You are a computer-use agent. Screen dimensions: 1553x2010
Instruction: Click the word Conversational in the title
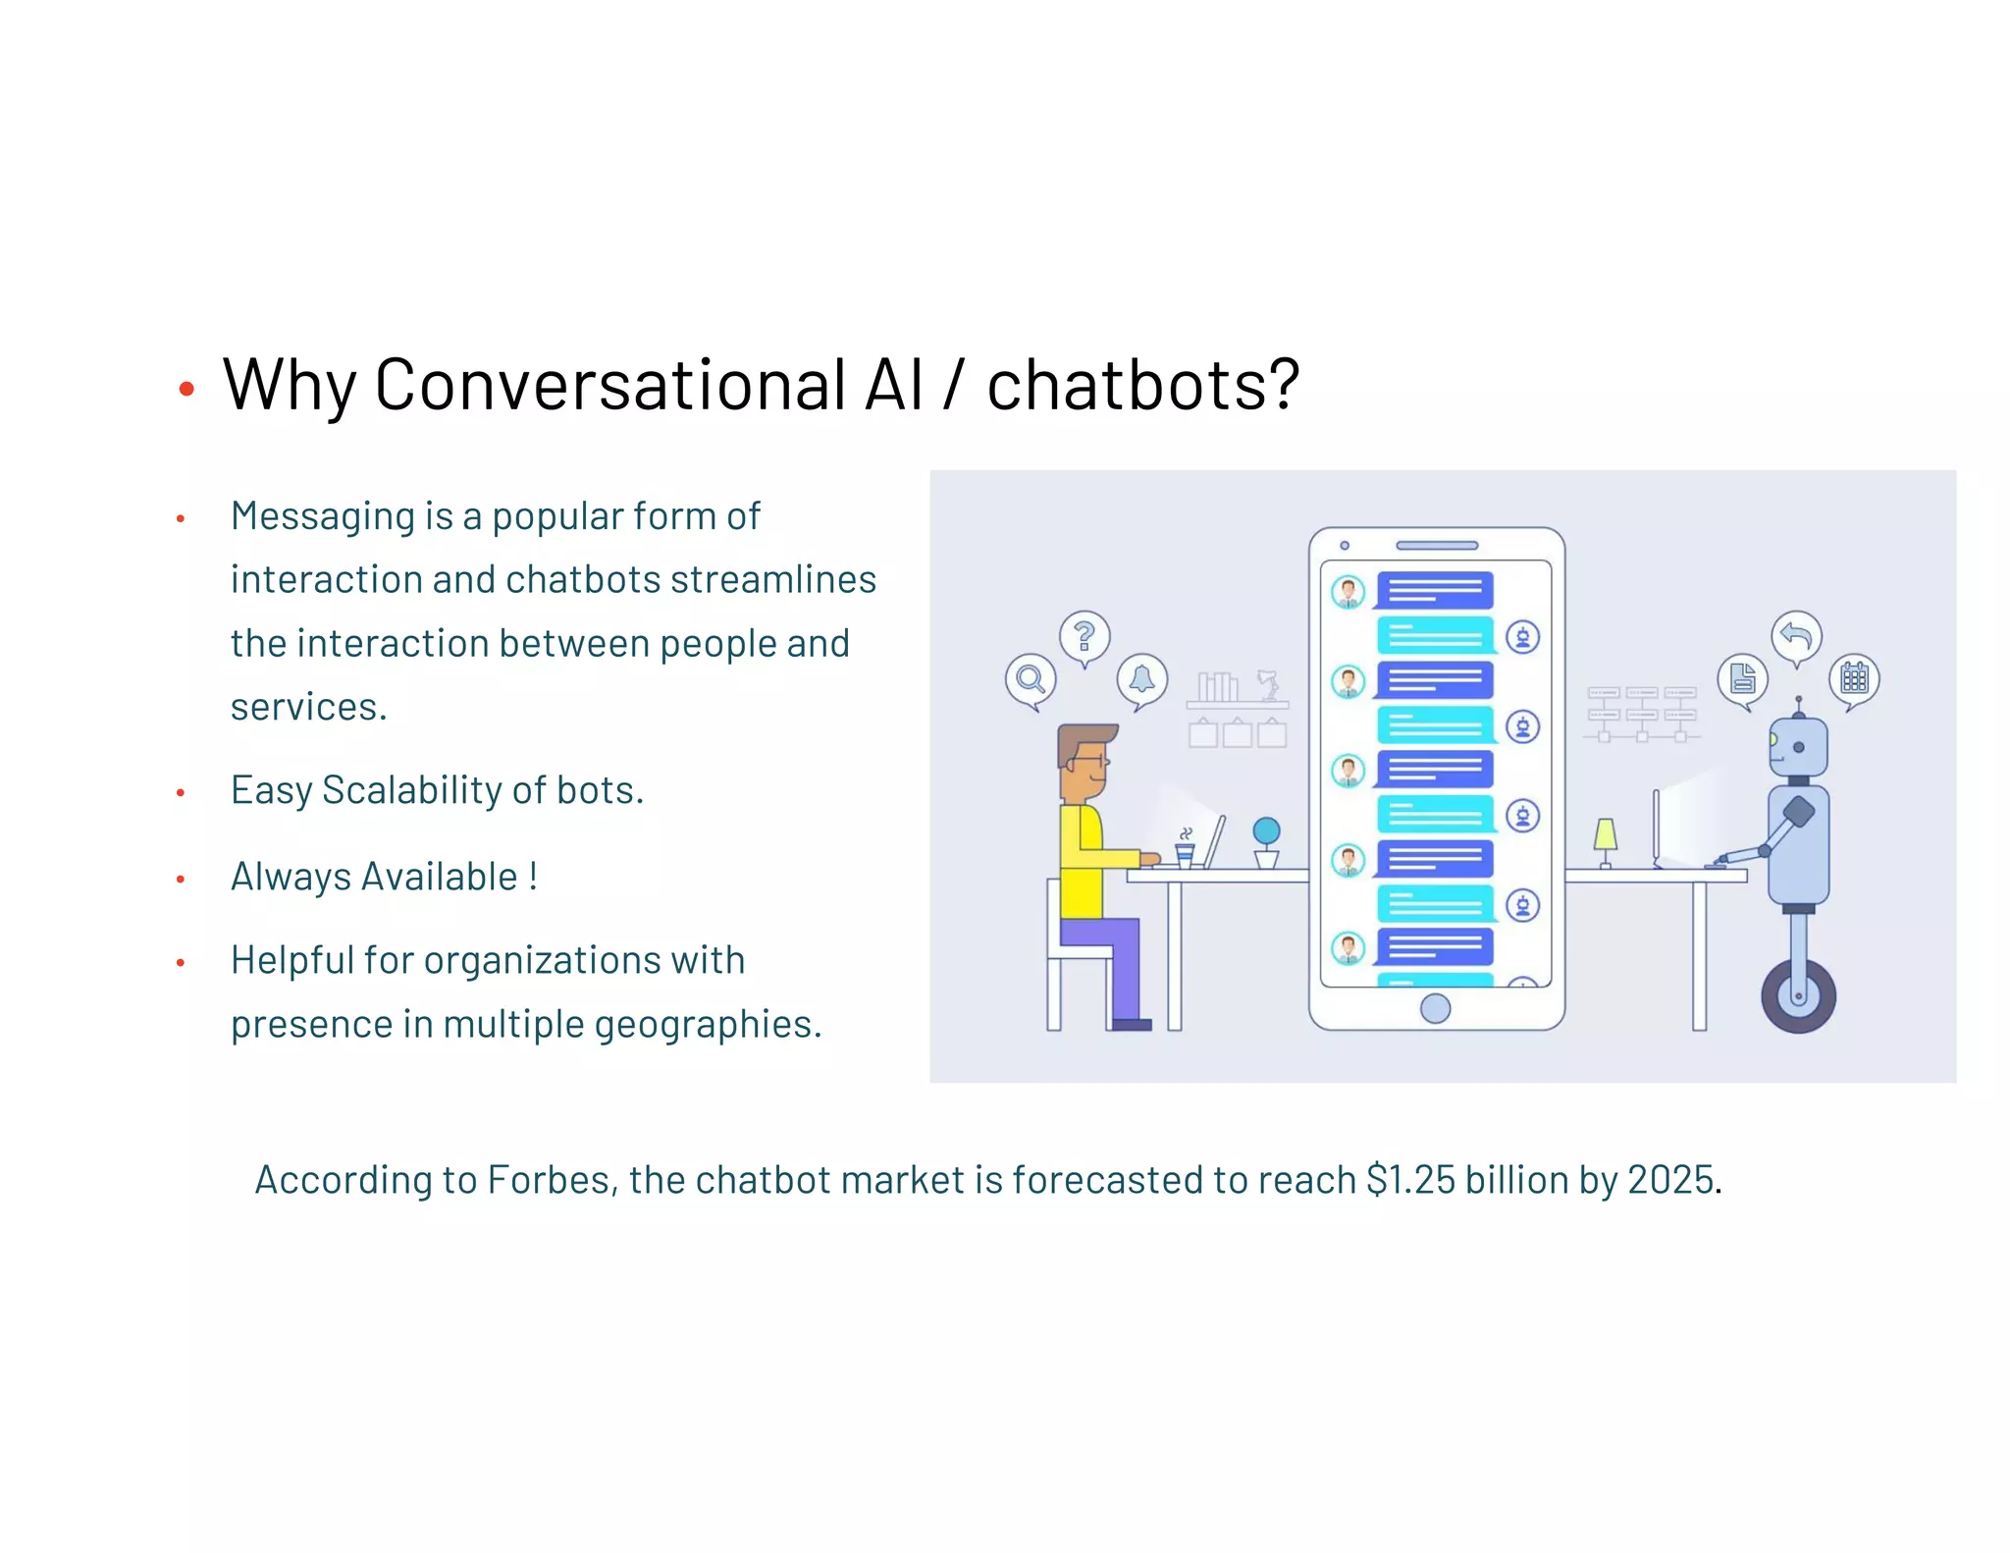click(x=608, y=385)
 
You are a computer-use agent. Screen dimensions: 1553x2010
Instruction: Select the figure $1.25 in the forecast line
click(x=1410, y=1180)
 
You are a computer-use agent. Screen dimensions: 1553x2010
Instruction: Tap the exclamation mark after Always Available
click(x=533, y=876)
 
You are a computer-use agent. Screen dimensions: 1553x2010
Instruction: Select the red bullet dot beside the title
click(x=186, y=390)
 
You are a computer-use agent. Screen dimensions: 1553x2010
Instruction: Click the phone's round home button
click(x=1435, y=1008)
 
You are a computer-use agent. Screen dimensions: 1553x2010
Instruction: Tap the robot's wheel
click(x=1798, y=996)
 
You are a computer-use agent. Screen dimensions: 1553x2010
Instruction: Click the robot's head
click(x=1798, y=748)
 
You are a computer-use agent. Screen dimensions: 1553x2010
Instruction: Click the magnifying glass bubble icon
click(x=1031, y=678)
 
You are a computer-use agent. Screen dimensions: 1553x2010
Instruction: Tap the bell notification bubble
click(x=1142, y=678)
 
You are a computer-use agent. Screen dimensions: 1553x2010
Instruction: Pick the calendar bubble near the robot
click(x=1854, y=678)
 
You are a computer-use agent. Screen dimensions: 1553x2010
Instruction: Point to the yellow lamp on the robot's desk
click(x=1606, y=836)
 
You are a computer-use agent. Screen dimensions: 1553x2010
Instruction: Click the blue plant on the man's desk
click(x=1266, y=833)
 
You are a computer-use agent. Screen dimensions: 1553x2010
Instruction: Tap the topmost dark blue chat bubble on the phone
click(x=1435, y=591)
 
